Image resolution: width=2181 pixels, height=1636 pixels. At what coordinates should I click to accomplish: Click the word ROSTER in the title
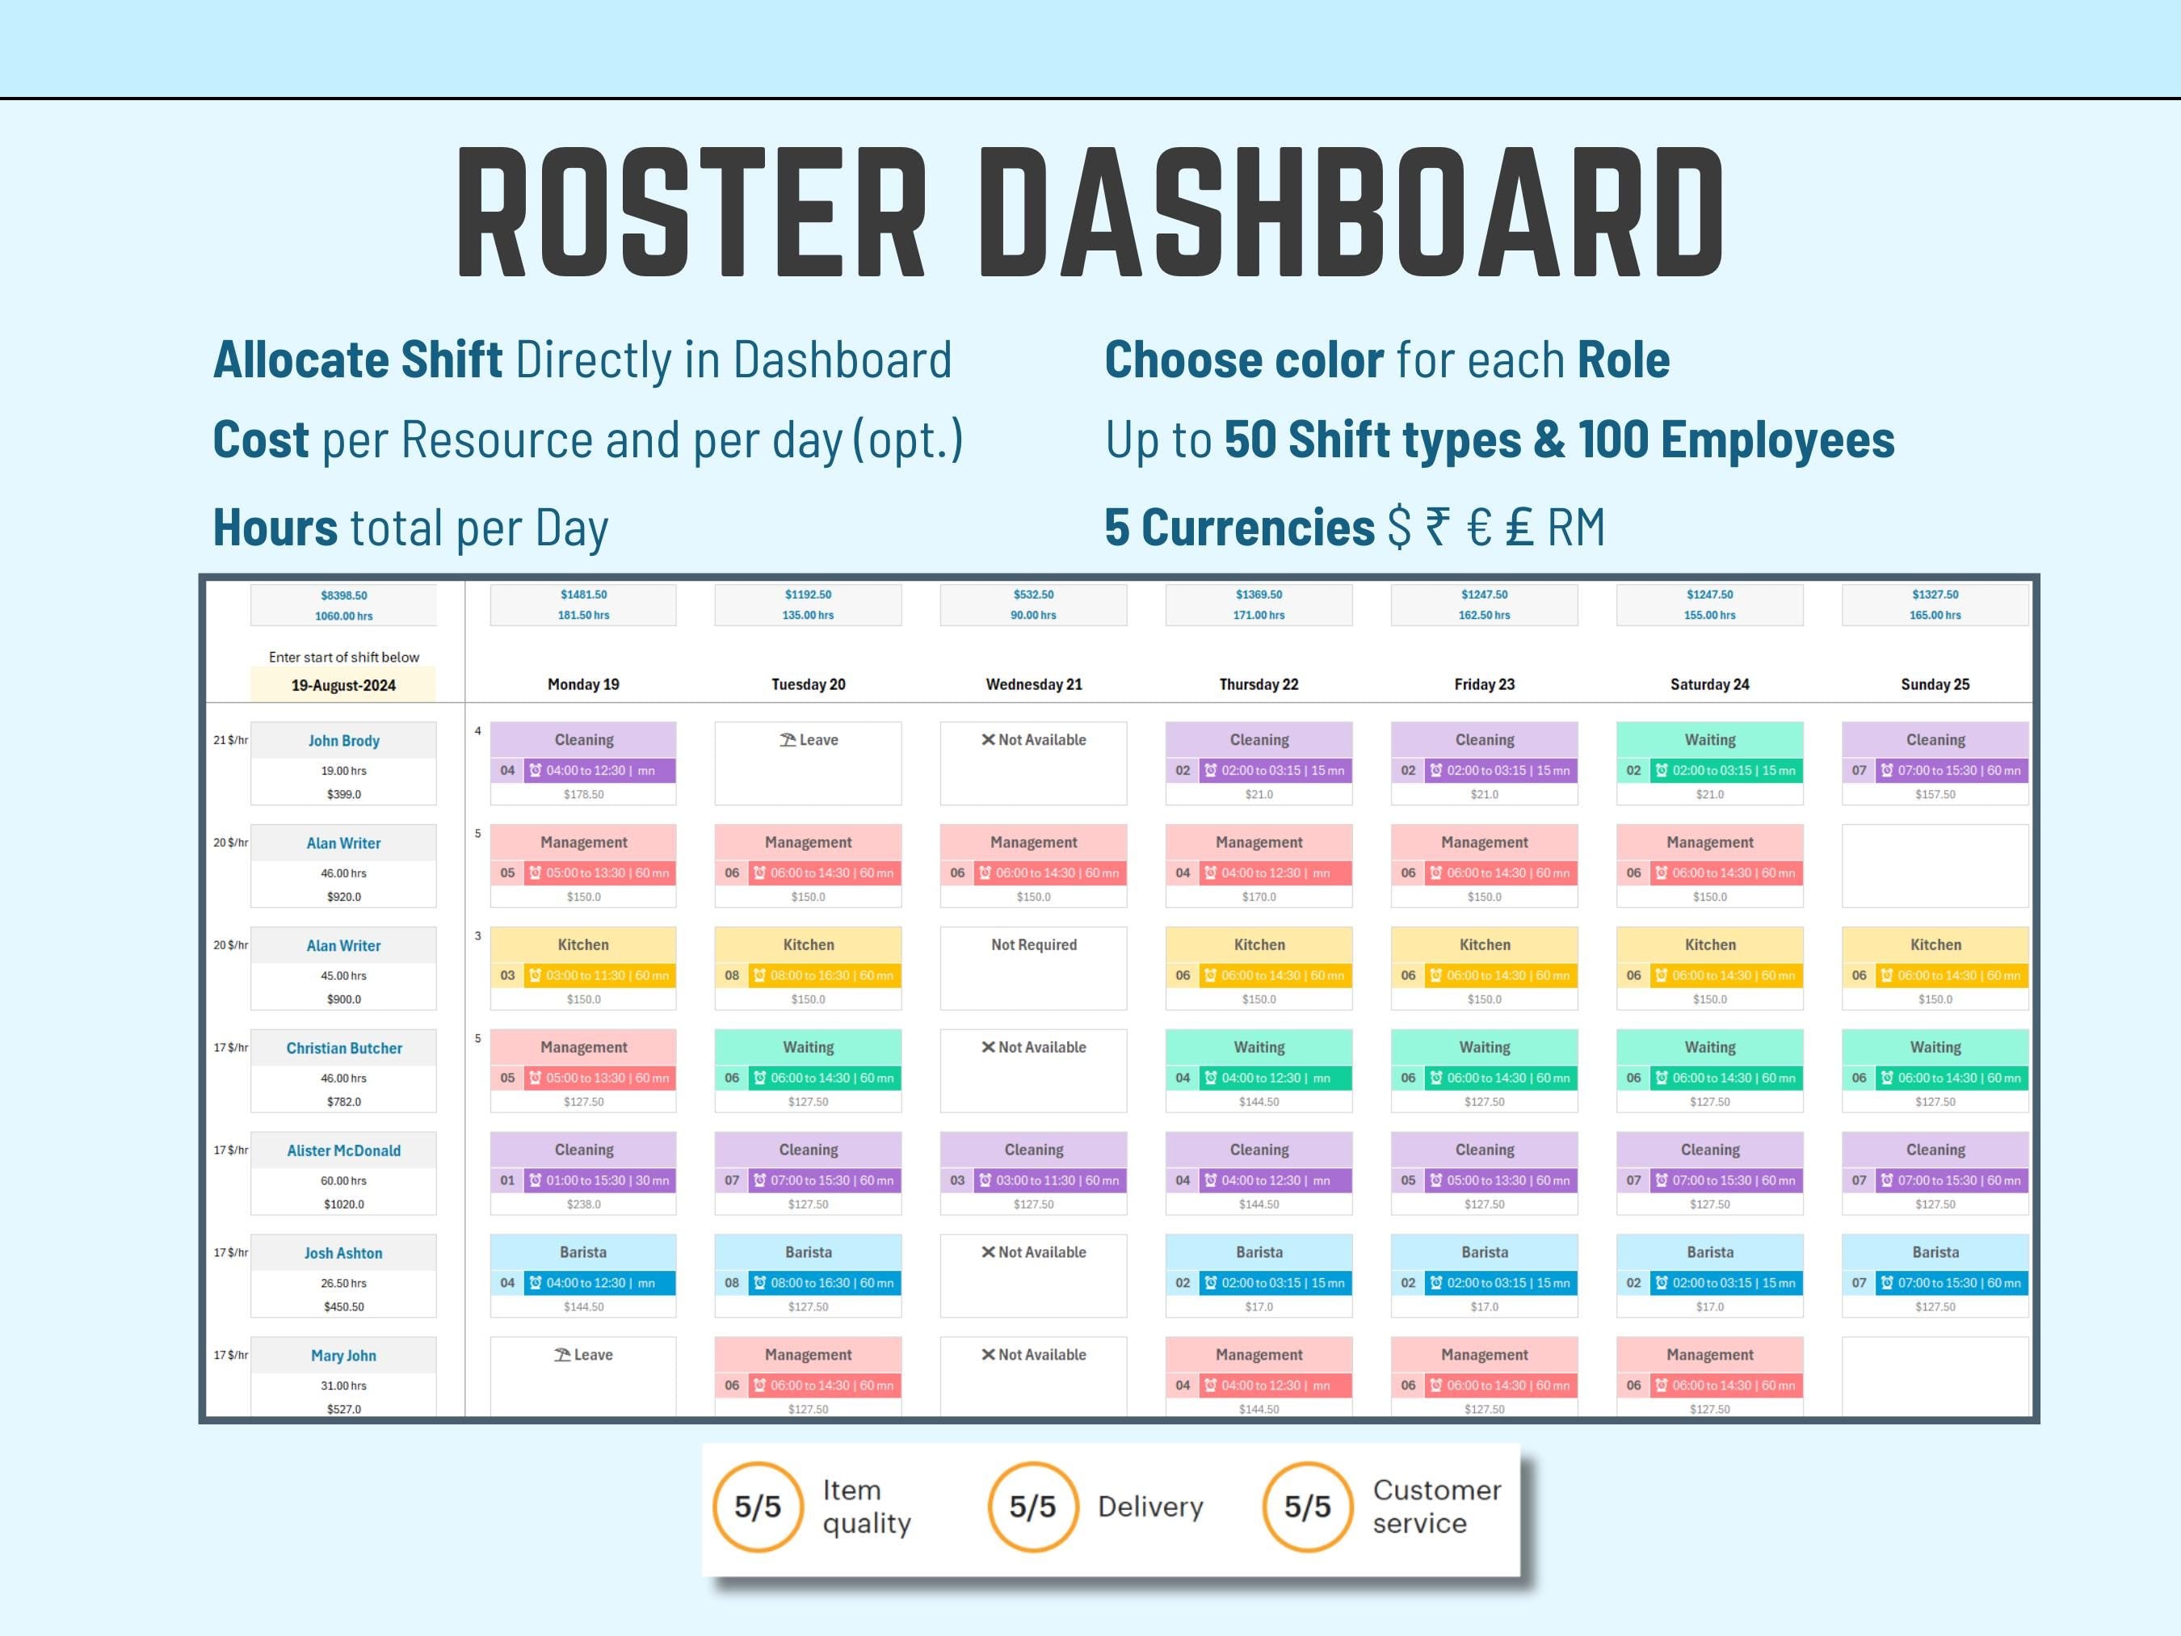point(690,212)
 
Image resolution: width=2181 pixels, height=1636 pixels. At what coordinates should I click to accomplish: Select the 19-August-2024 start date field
point(343,685)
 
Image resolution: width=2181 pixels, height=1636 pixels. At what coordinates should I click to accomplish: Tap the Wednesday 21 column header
point(1033,684)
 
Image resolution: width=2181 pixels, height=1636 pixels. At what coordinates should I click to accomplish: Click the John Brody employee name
point(343,741)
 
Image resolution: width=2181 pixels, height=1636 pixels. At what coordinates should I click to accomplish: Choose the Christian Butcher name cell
point(344,1049)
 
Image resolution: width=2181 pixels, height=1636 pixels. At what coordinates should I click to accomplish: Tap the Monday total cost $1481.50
point(584,595)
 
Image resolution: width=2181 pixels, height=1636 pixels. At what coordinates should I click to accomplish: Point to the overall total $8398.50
point(343,595)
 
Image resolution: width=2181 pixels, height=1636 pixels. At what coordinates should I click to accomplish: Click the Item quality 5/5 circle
point(757,1507)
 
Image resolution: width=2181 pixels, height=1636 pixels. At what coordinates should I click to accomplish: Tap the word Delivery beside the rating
point(1149,1507)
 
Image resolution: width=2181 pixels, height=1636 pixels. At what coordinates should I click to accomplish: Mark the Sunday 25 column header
point(1935,684)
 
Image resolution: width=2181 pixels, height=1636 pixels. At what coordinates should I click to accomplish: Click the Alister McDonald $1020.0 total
point(343,1204)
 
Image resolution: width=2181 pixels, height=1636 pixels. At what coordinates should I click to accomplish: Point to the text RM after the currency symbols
point(1576,528)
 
